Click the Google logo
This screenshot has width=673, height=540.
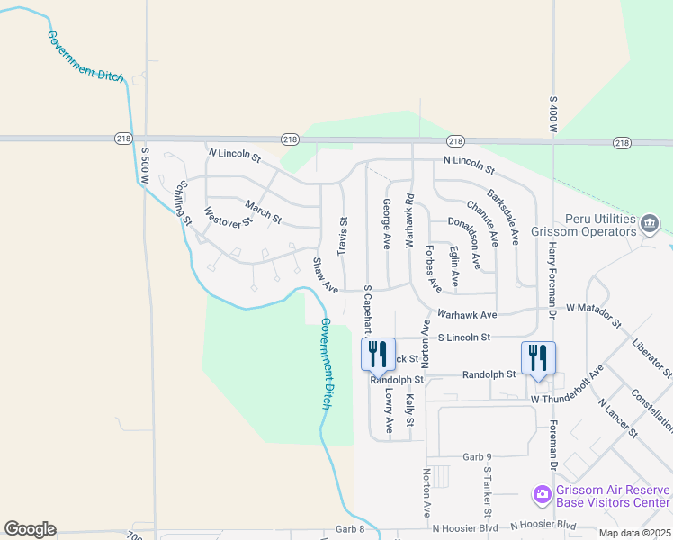coord(30,529)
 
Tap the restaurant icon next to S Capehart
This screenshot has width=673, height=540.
coord(377,353)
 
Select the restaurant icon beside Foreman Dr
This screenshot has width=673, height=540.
coord(538,355)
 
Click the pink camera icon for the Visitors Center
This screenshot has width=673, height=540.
coord(542,494)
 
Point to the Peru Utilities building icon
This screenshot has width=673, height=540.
coord(650,222)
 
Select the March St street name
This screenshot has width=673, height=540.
coord(264,214)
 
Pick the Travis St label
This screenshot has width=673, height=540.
coord(342,234)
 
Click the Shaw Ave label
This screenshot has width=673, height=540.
coord(325,275)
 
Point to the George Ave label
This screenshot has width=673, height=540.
coord(386,223)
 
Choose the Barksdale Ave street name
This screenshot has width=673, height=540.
coord(504,217)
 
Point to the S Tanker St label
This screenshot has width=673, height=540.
coord(488,490)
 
